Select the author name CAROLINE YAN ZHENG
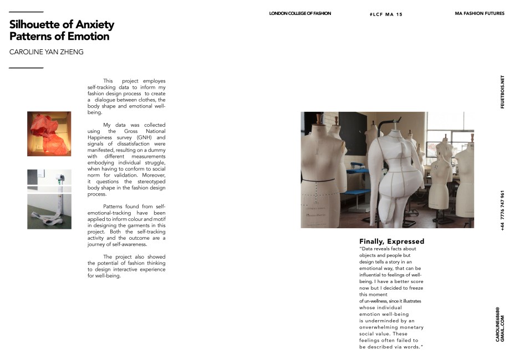pos(47,52)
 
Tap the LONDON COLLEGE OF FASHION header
pos(299,13)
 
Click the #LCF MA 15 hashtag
pos(386,14)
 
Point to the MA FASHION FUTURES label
pos(479,13)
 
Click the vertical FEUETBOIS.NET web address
pos(502,92)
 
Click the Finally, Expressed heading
pos(391,241)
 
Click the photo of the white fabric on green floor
pos(49,211)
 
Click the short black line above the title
pos(26,12)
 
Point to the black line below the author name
pos(26,68)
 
